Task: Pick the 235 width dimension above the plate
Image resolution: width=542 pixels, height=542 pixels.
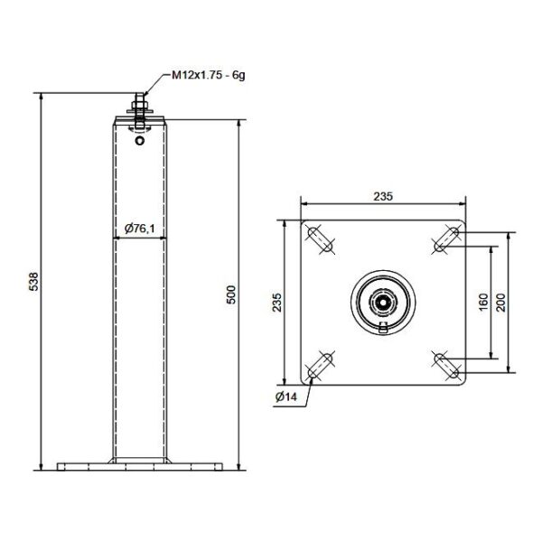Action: coord(383,195)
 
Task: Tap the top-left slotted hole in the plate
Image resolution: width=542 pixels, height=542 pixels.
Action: coord(321,239)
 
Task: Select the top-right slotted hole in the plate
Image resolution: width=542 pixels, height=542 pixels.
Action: coord(445,239)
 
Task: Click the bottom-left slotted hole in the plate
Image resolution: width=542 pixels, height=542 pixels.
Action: coord(321,365)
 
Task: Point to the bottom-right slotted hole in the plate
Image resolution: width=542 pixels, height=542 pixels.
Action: coord(445,365)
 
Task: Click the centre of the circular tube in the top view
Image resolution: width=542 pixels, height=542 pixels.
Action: coord(384,302)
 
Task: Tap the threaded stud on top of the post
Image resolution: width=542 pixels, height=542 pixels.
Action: coord(139,102)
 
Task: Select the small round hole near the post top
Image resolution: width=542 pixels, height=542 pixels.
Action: coord(139,139)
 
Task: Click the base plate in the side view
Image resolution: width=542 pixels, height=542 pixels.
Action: coord(139,468)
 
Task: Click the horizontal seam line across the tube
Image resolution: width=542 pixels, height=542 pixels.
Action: coord(139,238)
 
